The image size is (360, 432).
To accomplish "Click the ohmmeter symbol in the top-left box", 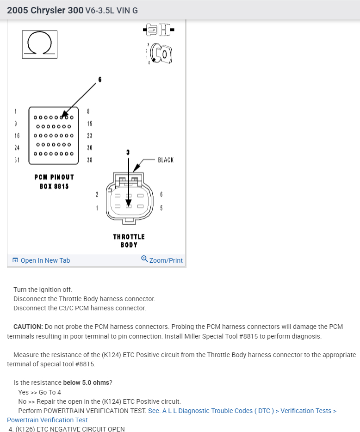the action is [x=39, y=44].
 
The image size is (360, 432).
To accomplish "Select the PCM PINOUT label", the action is [x=54, y=177].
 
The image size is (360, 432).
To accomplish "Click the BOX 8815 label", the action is [x=54, y=186].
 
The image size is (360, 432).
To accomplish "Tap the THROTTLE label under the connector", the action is [x=129, y=237].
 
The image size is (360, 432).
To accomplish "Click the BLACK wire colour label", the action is [x=166, y=160].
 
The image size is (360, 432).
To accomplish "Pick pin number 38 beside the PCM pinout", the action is [x=89, y=160].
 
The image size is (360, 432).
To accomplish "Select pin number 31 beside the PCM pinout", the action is [x=16, y=160].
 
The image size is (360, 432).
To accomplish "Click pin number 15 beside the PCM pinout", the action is [x=89, y=123].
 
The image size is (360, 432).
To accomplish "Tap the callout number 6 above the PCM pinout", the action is [x=99, y=79].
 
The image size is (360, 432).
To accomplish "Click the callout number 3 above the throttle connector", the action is [x=128, y=152].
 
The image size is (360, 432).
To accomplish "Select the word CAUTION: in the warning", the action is [x=28, y=327].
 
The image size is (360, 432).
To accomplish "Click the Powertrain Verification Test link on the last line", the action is [x=47, y=420].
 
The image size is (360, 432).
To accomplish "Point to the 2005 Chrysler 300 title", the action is [x=45, y=10].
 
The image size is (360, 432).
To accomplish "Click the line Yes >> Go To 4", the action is [x=39, y=392].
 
